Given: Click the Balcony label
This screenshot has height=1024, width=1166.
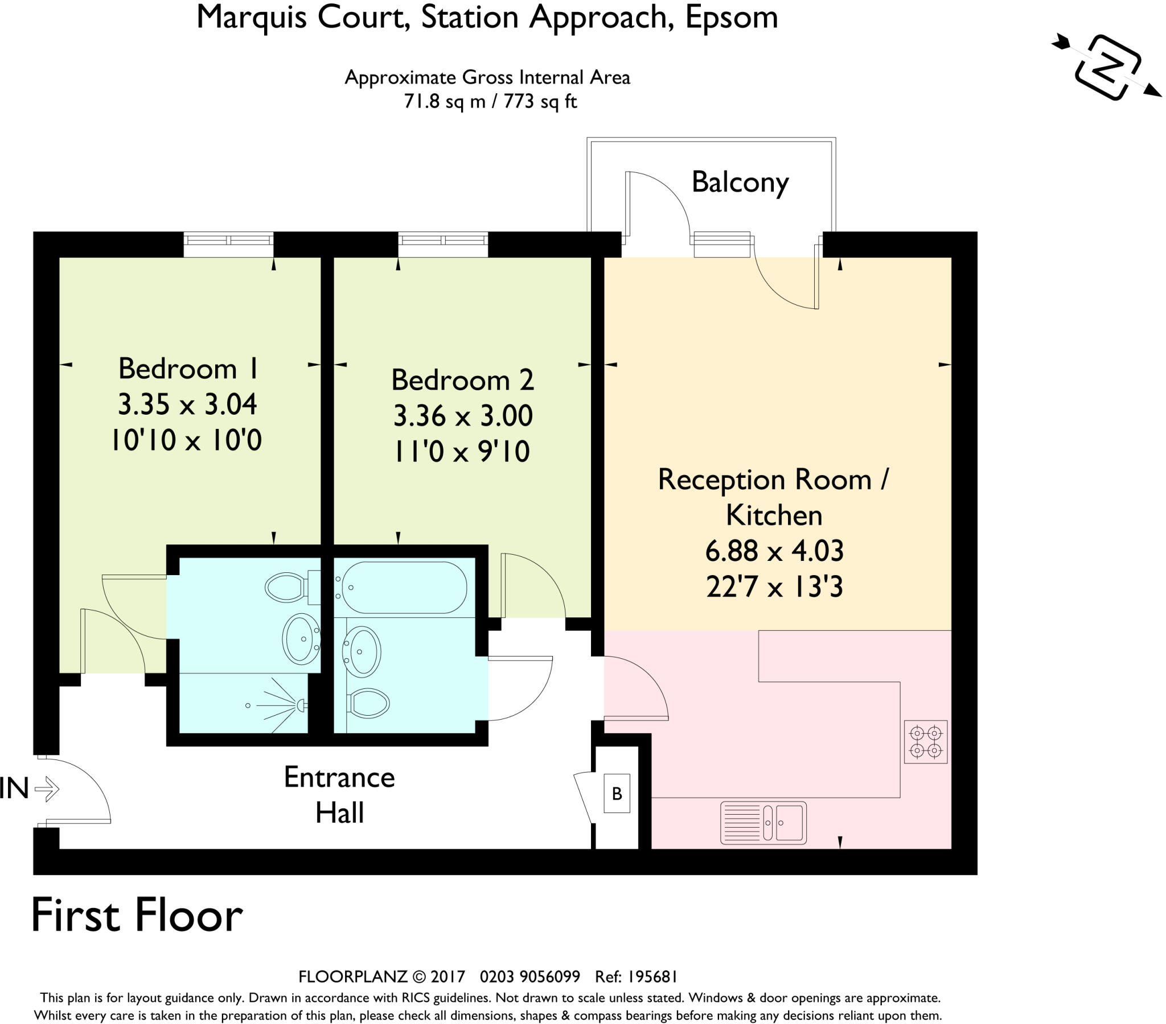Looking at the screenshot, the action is [740, 183].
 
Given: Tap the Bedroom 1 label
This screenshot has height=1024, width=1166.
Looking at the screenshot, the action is [188, 368].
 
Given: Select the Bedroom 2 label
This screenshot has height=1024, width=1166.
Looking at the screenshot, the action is [463, 379].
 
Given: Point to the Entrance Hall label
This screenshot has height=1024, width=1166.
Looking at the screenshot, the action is [339, 795].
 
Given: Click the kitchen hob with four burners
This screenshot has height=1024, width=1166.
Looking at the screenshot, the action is [925, 742].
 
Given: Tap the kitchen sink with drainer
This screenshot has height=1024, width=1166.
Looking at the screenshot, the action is [763, 823].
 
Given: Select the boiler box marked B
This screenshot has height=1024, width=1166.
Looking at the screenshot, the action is [617, 793].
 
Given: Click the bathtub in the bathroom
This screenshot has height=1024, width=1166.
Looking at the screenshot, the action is [400, 587].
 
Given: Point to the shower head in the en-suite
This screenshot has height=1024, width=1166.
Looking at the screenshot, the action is [301, 705].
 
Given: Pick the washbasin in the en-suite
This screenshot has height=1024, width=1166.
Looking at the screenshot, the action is [302, 639].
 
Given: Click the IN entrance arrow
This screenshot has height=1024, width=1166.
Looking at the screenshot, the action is [47, 790].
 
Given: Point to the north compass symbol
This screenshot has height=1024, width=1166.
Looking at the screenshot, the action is [1107, 67].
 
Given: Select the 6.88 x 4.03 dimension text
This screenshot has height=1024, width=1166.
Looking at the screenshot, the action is [774, 551].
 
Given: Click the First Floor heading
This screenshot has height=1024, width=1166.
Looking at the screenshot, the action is [137, 916].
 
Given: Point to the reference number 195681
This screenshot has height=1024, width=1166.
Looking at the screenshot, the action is [652, 976].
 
